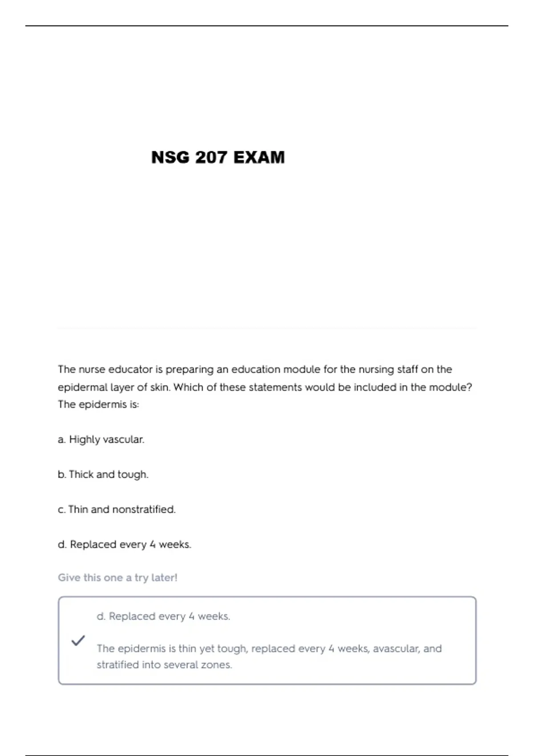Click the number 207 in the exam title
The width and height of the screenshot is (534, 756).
[211, 157]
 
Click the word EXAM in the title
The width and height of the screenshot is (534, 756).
[259, 157]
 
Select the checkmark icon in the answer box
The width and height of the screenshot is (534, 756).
[78, 640]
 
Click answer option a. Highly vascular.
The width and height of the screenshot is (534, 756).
[101, 439]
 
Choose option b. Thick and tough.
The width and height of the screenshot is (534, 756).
[103, 475]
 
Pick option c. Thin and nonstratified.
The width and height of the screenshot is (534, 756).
[117, 509]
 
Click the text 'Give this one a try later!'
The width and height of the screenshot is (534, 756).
[117, 578]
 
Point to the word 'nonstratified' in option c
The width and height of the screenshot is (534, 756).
[144, 509]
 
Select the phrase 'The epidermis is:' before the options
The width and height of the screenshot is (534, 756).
[98, 405]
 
